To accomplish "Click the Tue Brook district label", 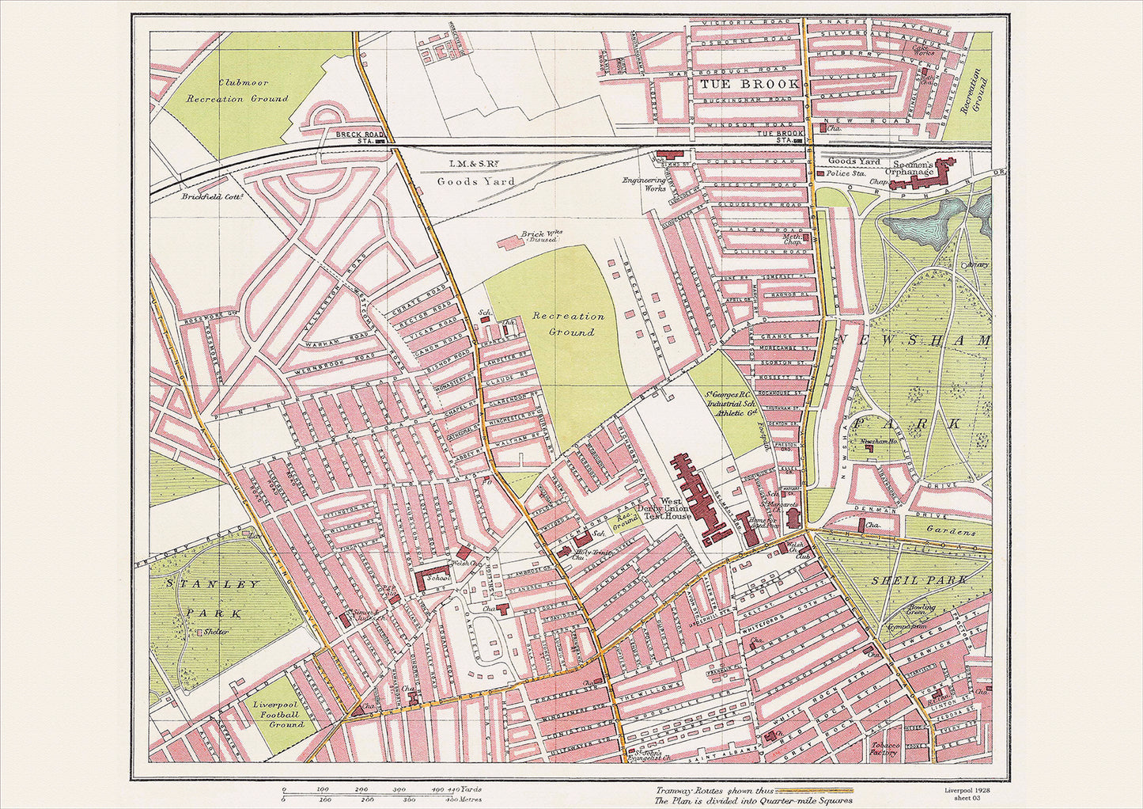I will click(x=737, y=84).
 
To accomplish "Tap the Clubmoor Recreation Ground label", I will click(x=237, y=90).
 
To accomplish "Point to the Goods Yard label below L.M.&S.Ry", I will click(x=476, y=181).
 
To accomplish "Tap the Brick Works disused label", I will click(x=540, y=236).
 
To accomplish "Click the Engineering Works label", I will click(x=643, y=185).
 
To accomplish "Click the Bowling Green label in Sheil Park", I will click(x=922, y=611).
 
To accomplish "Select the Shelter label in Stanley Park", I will click(x=214, y=632).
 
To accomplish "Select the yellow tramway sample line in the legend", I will click(x=815, y=790).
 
